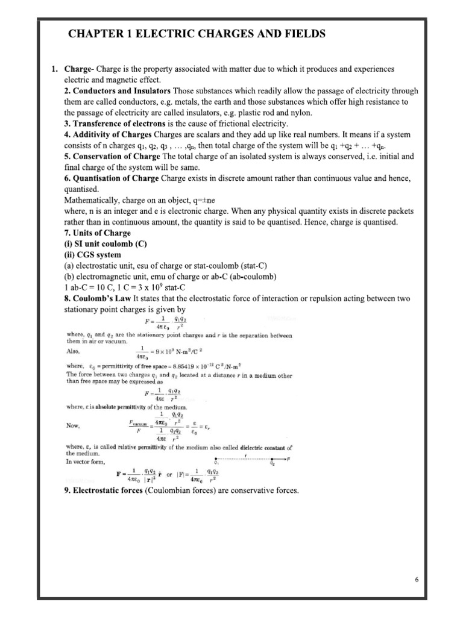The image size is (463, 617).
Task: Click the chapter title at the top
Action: (x=197, y=34)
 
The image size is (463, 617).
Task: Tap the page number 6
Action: (x=416, y=580)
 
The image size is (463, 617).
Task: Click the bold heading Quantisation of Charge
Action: (x=116, y=178)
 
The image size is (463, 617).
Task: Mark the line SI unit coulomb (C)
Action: (x=105, y=243)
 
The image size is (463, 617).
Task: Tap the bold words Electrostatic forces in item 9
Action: (x=107, y=491)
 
